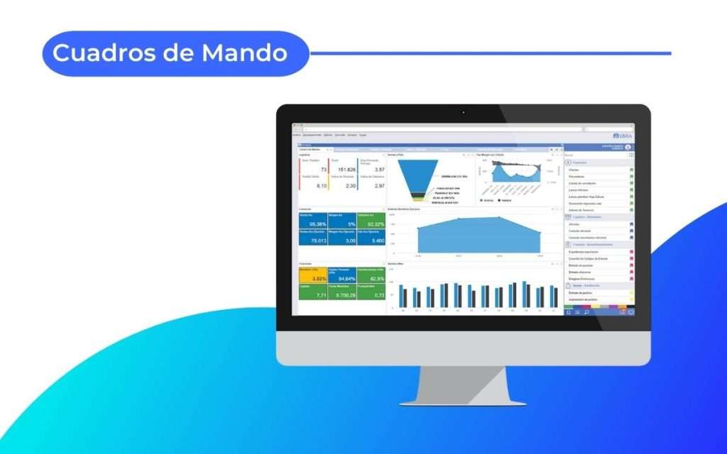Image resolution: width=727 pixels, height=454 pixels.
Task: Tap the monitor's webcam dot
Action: click(463, 112)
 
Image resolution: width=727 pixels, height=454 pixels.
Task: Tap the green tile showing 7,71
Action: click(313, 292)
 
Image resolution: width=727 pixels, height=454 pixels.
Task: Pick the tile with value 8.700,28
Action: click(342, 292)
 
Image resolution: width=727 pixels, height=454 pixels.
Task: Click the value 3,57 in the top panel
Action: click(379, 170)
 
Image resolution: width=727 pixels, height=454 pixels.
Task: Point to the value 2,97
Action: click(379, 185)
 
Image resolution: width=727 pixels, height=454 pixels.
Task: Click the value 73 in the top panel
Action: click(323, 170)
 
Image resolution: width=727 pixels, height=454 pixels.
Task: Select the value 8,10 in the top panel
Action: click(321, 185)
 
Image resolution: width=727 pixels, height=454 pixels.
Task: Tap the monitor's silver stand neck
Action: click(463, 383)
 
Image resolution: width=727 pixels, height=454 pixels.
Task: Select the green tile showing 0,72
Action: click(371, 292)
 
